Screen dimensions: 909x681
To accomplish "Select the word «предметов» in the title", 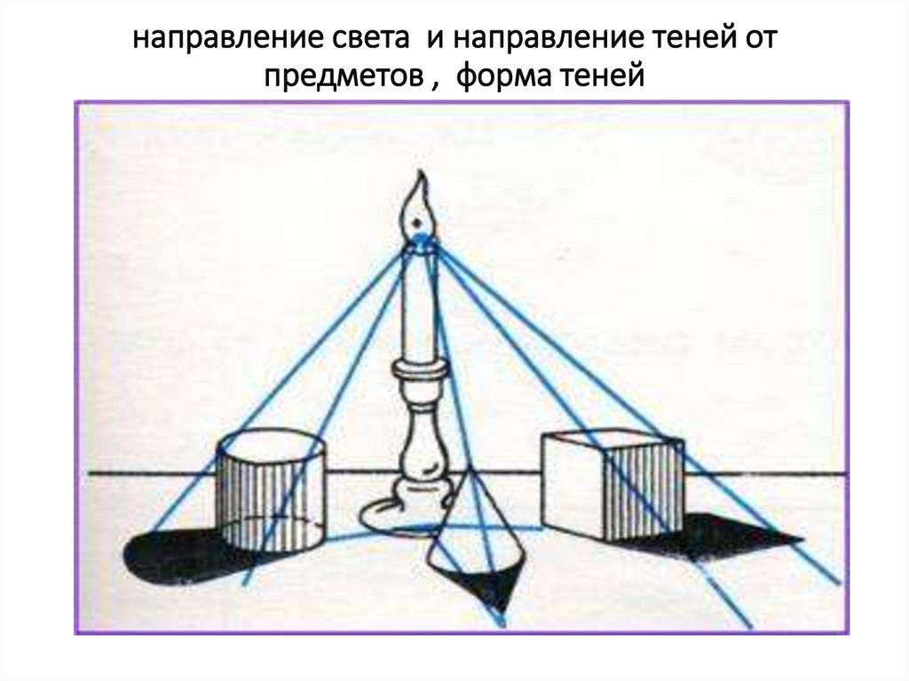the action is pos(338,78).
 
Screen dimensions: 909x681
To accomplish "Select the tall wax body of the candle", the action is pos(417,302).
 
